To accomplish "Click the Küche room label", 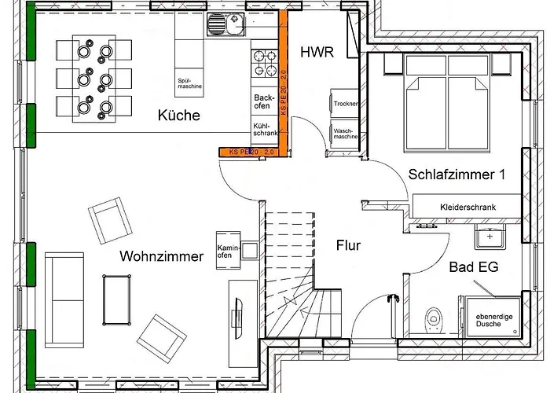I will click(179, 116).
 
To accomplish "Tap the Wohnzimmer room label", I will click(162, 256).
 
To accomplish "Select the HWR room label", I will click(317, 53).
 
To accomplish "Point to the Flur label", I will click(348, 245).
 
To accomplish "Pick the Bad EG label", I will click(474, 267).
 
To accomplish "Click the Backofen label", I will click(262, 102).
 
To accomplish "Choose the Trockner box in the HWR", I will click(346, 104).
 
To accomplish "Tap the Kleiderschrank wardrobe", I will click(468, 205).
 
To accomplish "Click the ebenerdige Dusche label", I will click(489, 320).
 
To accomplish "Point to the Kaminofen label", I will click(225, 251).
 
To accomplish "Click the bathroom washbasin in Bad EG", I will click(490, 235).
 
